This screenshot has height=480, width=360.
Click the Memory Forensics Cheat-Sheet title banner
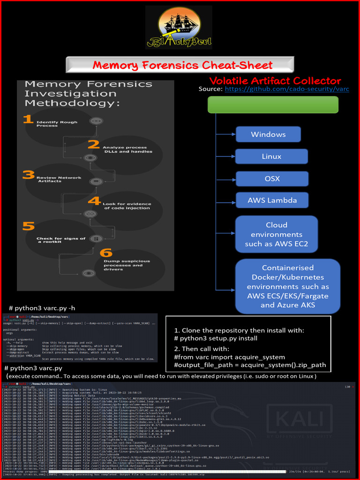pos(180,65)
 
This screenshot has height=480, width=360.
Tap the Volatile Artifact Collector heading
pos(275,81)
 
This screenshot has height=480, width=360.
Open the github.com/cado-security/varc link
pos(287,89)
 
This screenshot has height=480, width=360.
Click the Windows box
pos(268,135)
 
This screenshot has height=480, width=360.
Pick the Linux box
pos(271,157)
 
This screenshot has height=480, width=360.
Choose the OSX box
pos(272,179)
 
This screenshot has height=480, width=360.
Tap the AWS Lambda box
pos(272,200)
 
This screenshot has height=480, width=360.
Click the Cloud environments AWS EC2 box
pos(276,234)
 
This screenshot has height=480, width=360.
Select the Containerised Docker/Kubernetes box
pos(288,286)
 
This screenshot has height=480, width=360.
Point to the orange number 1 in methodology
pos(28,120)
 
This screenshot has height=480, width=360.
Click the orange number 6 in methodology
pos(105,253)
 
